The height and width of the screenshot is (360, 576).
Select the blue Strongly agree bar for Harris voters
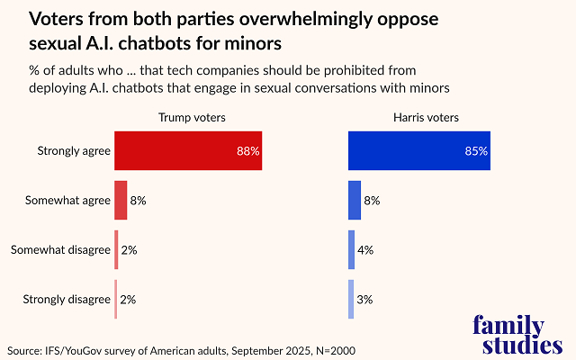coord(418,151)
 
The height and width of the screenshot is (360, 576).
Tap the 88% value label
coord(248,151)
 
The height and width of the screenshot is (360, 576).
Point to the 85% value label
coord(476,151)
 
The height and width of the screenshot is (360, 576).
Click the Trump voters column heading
coord(192,117)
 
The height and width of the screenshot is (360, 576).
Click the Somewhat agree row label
coord(67,200)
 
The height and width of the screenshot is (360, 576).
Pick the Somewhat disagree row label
coord(60,249)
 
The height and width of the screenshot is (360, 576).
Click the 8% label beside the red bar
coord(138,200)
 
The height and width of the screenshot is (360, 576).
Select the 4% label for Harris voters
coord(366,249)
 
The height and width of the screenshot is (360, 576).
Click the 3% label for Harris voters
coord(364,299)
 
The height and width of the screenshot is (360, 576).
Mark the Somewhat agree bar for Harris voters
coord(355,200)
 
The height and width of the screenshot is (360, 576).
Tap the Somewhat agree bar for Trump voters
coord(121,200)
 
